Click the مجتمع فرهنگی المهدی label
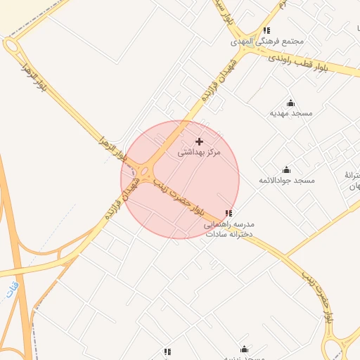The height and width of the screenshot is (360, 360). (269, 41)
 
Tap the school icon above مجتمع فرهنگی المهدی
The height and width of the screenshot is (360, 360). (266, 30)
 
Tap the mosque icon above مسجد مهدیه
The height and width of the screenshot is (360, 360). (291, 103)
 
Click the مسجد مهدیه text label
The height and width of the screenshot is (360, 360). (291, 112)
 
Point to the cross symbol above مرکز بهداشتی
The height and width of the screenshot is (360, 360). (199, 141)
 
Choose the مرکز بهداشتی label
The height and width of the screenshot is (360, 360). (199, 152)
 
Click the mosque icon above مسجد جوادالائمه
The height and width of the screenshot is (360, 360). (286, 169)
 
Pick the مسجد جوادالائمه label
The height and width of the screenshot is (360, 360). (286, 180)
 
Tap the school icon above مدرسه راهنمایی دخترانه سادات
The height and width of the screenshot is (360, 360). (228, 213)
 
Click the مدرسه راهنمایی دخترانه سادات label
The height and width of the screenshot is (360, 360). (229, 229)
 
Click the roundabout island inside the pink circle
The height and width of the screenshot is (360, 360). (145, 172)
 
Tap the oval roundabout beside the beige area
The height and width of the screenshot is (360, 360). (11, 46)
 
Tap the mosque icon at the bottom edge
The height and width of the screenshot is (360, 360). (244, 349)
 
